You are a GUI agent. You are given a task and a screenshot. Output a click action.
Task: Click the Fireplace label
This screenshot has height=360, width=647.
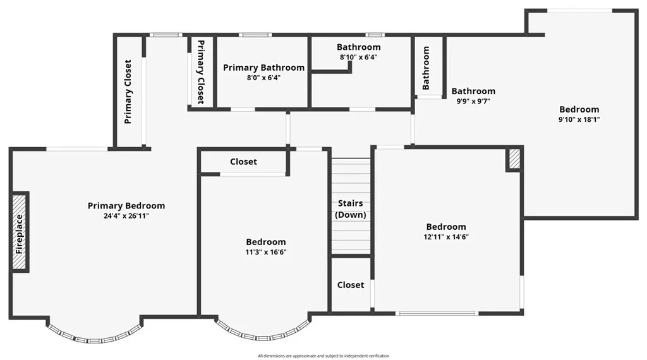click(20, 234)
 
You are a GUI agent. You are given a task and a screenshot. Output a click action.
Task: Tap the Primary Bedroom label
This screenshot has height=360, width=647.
click(126, 206)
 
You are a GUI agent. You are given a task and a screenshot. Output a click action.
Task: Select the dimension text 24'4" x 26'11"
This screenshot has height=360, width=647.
click(126, 216)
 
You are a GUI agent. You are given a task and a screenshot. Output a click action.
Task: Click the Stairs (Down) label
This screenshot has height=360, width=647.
click(351, 209)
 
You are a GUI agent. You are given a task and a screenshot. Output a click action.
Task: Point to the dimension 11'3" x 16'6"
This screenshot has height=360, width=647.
click(265, 252)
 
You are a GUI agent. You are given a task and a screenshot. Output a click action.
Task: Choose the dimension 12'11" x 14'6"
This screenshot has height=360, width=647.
click(446, 237)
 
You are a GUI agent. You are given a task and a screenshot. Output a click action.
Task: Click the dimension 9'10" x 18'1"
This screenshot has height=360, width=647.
click(579, 119)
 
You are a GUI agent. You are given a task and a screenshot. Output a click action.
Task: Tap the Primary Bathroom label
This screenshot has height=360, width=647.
click(263, 68)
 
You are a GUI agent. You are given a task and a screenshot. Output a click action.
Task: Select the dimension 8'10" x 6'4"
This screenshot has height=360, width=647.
click(358, 57)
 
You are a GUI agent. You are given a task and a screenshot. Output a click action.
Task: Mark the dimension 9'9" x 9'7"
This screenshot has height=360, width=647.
click(473, 101)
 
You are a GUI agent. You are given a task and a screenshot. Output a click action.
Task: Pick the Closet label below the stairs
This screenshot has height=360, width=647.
click(351, 285)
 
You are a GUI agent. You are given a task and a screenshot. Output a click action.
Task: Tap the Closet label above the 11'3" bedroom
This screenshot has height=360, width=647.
click(243, 162)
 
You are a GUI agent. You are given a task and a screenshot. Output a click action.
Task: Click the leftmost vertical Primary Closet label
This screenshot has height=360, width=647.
click(128, 92)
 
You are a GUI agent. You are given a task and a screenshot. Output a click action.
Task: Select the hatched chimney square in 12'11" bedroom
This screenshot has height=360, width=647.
click(514, 159)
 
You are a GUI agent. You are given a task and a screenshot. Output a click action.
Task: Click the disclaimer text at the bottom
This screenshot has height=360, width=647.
click(323, 356)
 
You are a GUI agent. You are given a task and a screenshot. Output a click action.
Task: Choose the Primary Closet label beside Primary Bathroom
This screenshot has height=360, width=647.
click(201, 73)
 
